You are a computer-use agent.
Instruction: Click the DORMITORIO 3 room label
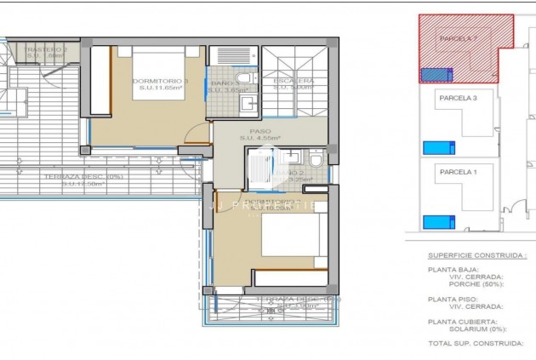[160, 82]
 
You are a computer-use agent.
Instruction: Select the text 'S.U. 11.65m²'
[160, 89]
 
